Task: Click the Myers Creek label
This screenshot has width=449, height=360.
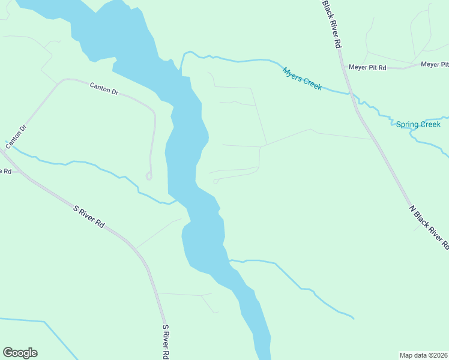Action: [x=302, y=78]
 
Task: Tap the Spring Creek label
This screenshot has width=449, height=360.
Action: [x=418, y=125]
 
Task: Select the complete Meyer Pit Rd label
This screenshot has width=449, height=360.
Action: [x=367, y=67]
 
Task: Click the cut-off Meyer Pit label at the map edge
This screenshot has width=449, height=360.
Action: [x=434, y=64]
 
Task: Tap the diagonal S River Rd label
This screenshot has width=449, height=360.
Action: [x=89, y=217]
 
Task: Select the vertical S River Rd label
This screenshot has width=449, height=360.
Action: [x=166, y=342]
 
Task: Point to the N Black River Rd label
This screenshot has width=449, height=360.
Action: [x=429, y=227]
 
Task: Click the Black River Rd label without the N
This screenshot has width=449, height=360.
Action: [x=331, y=24]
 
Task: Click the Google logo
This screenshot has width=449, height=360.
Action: [x=20, y=353]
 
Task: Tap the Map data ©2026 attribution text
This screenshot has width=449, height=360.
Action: [x=424, y=355]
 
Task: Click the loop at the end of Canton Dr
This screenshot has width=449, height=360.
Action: [x=148, y=176]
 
